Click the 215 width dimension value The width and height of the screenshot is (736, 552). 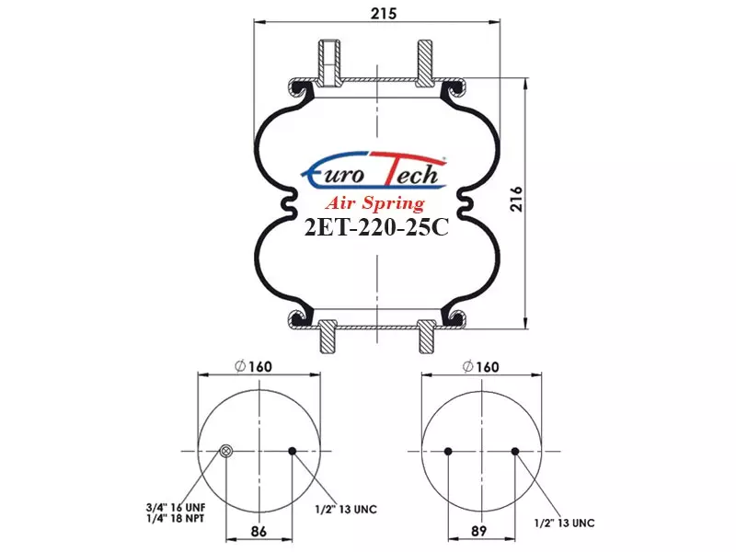click(x=384, y=13)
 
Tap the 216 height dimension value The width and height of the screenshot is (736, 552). click(x=516, y=199)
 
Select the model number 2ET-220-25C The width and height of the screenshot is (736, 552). click(x=376, y=228)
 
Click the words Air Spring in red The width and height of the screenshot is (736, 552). click(x=375, y=203)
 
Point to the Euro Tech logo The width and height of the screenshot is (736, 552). click(x=374, y=170)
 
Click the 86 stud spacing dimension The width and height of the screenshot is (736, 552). click(x=259, y=532)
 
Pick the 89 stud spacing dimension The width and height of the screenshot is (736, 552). click(x=479, y=531)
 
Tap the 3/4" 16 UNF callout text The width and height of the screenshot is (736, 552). click(x=176, y=508)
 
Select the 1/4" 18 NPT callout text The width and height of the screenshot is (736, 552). click(x=175, y=519)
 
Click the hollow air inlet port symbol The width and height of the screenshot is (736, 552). click(x=226, y=452)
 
